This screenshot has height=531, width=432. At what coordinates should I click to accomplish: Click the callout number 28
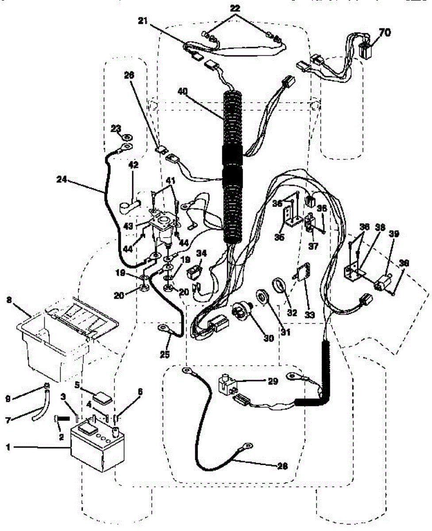282,466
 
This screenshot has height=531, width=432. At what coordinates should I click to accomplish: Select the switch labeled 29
227,382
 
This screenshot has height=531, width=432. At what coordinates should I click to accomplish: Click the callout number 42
133,165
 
